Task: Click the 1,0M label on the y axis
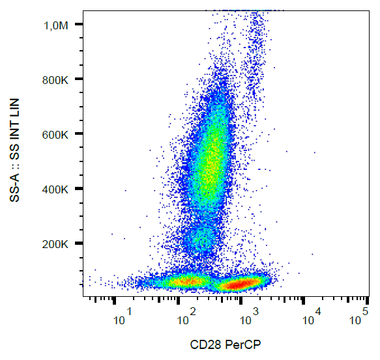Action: (56, 25)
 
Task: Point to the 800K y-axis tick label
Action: (57, 79)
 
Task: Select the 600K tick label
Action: (57, 134)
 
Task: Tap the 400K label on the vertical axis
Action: (57, 189)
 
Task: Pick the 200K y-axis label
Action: (57, 244)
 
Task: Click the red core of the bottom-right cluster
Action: (239, 284)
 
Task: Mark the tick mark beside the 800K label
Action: (79, 79)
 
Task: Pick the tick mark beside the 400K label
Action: (79, 189)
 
